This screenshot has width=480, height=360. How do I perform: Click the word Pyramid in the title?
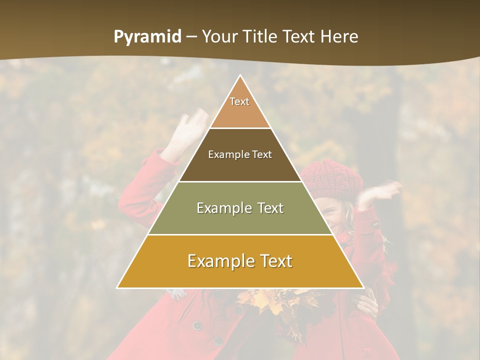[x=147, y=37]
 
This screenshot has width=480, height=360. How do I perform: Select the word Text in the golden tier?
[x=272, y=261]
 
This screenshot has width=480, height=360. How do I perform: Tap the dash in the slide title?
[x=191, y=37]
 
